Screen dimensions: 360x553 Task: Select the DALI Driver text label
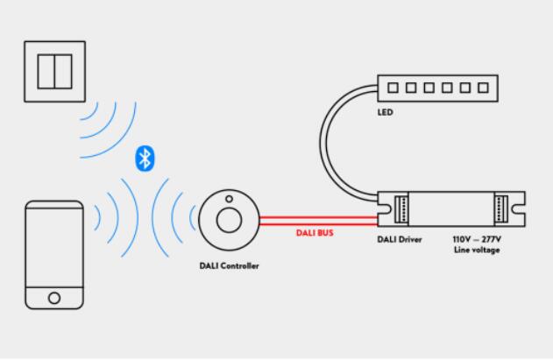coord(405,237)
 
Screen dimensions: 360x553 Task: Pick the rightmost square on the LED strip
coord(480,88)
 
